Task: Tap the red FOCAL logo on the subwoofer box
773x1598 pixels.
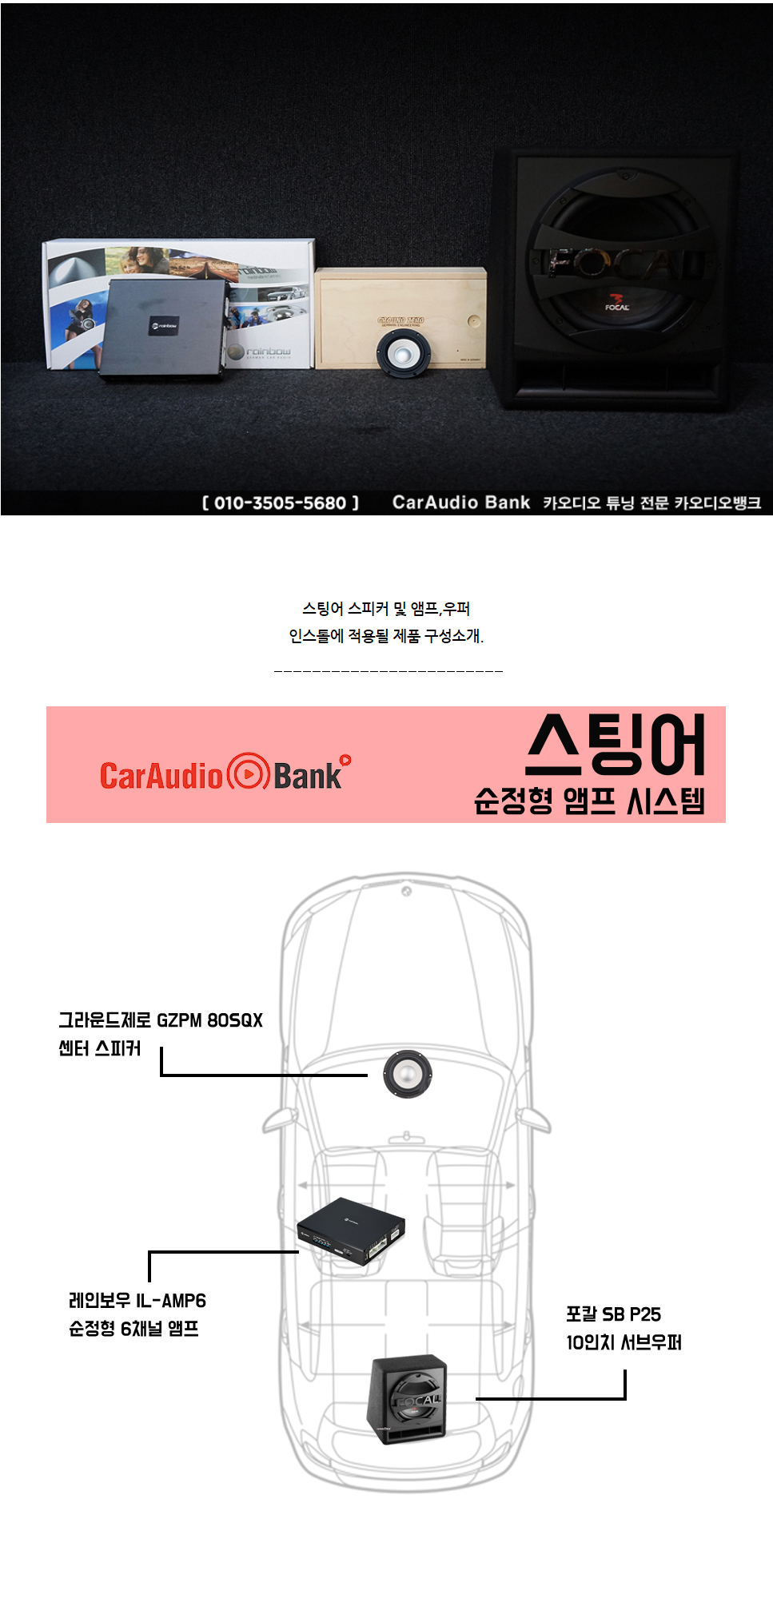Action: click(617, 304)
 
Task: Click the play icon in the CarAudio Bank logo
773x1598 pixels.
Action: click(248, 773)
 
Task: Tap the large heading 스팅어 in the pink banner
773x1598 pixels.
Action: click(616, 745)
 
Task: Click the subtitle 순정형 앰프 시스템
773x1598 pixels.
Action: click(589, 801)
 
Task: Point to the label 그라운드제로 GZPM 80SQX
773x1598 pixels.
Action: click(160, 1020)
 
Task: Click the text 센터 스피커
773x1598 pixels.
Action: click(99, 1048)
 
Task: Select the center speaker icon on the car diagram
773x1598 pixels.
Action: click(407, 1074)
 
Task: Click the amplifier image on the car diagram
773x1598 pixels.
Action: click(351, 1231)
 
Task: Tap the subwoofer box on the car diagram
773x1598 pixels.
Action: click(407, 1398)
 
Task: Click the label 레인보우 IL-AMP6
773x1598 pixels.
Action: click(137, 1301)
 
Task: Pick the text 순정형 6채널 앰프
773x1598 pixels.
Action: click(133, 1329)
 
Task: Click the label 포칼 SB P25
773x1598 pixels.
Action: click(613, 1314)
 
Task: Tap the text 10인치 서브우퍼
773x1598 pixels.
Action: click(624, 1342)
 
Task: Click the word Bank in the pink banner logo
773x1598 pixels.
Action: click(308, 776)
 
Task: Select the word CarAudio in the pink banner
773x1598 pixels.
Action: click(161, 776)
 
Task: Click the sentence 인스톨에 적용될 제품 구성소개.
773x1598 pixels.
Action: click(386, 636)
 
